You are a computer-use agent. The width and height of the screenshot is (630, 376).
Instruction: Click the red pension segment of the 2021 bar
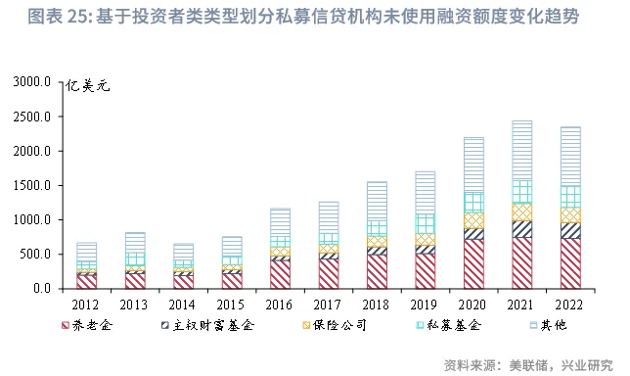[x=521, y=262]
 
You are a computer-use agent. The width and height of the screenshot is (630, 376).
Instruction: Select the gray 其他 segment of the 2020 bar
[x=473, y=164]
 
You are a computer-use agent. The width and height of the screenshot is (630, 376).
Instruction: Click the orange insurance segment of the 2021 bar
[x=521, y=211]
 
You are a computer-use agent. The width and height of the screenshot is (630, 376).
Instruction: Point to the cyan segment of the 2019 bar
[x=426, y=223]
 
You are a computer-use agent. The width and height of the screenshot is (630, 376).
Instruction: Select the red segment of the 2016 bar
[x=281, y=273]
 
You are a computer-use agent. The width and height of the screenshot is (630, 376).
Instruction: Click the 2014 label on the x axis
[x=183, y=304]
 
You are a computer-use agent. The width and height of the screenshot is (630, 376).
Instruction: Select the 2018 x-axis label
[x=377, y=304]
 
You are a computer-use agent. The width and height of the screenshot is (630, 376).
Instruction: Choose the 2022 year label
[x=569, y=304]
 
